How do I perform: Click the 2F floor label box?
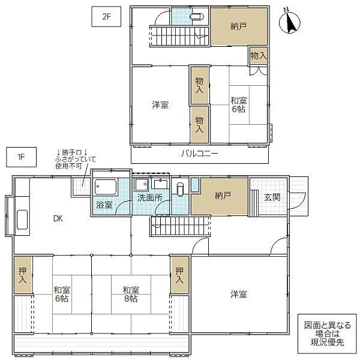coord(106,17)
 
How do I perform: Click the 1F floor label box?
coord(21,157)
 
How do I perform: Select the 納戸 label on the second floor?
coord(239,26)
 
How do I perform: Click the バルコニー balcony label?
coord(200,154)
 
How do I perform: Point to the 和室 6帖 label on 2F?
coord(239,104)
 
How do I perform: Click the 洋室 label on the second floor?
coord(160,104)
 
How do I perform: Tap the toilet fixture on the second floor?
coord(197,17)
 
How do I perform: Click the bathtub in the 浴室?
coord(106,187)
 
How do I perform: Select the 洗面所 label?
coord(150,197)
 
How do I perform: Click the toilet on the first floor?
coord(180,189)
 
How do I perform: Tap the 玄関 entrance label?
coord(272,197)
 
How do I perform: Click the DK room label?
coord(58,218)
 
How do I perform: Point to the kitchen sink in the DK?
coord(22,220)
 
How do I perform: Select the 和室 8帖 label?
coord(131,295)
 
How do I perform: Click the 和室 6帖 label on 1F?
coord(62,295)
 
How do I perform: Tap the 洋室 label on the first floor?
coord(239,294)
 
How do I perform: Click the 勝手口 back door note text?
coord(76,159)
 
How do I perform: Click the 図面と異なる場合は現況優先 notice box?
coord(327,334)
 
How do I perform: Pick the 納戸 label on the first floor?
coord(223,196)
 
